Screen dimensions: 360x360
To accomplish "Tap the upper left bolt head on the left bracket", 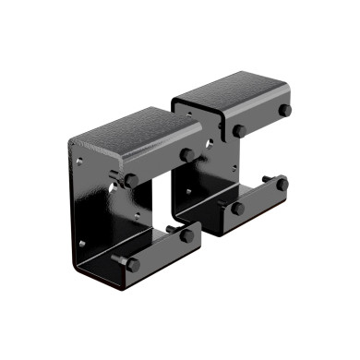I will pyautogui.click(x=131, y=180).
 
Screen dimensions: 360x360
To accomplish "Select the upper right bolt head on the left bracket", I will pyautogui.click(x=188, y=154).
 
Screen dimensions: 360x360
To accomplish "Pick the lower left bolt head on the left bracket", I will pyautogui.click(x=132, y=264).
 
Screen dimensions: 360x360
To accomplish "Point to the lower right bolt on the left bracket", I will pyautogui.click(x=187, y=235).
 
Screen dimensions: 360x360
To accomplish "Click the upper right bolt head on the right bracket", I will pyautogui.click(x=285, y=111).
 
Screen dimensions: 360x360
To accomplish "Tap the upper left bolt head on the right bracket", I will pyautogui.click(x=238, y=131).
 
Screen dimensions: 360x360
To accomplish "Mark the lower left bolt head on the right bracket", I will pyautogui.click(x=238, y=208).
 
